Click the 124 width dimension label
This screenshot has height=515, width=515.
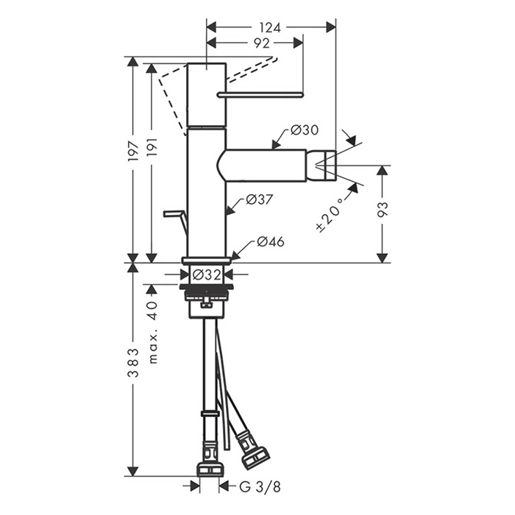point(270,28)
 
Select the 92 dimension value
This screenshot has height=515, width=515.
point(262,43)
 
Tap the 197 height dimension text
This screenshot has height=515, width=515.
point(134,151)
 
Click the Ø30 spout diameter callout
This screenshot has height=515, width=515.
point(305,130)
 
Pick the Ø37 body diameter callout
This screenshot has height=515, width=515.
point(260,199)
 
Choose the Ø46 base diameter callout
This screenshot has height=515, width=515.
point(270,242)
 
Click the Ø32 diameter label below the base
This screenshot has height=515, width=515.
point(207,274)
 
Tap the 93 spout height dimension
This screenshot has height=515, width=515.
point(383,209)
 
